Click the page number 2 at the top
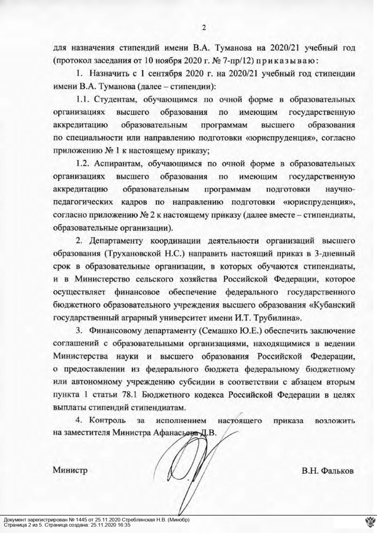(202, 27)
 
